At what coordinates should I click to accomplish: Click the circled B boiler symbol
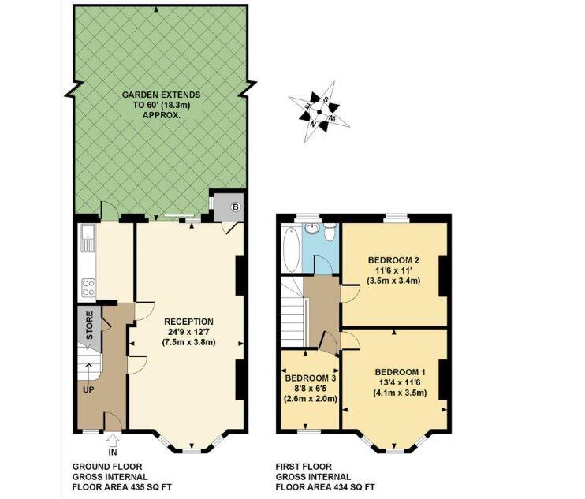pyautogui.click(x=236, y=207)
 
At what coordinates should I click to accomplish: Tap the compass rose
pyautogui.click(x=319, y=111)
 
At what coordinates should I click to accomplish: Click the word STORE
pyautogui.click(x=90, y=326)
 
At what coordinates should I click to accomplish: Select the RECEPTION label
pyautogui.click(x=188, y=322)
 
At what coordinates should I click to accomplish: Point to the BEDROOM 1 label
pyautogui.click(x=400, y=372)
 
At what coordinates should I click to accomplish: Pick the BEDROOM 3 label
pyautogui.click(x=311, y=378)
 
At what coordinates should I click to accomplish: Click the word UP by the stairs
pyautogui.click(x=88, y=390)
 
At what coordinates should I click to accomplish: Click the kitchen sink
pyautogui.click(x=88, y=238)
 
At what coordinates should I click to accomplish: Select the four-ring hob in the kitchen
pyautogui.click(x=88, y=288)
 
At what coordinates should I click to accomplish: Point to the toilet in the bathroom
pyautogui.click(x=330, y=232)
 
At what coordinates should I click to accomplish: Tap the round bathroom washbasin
pyautogui.click(x=311, y=229)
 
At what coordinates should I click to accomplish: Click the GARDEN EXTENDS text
pyautogui.click(x=161, y=95)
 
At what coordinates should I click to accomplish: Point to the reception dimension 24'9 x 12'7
pyautogui.click(x=188, y=332)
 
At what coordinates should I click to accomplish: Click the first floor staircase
pyautogui.click(x=293, y=311)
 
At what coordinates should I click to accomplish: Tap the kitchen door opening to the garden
pyautogui.click(x=110, y=211)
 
